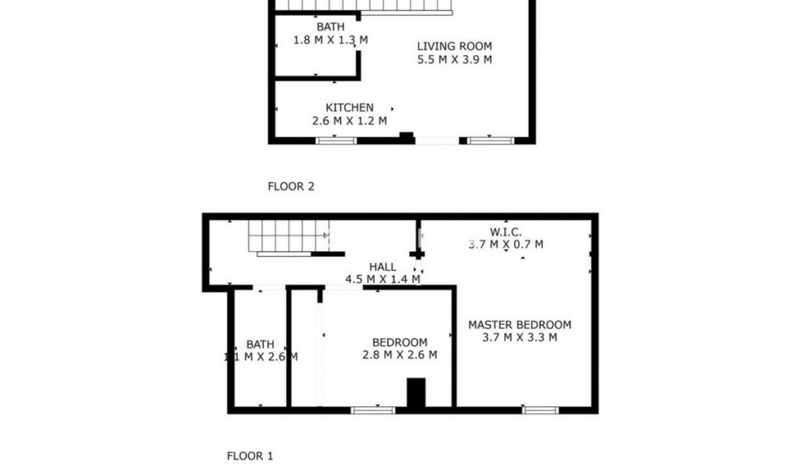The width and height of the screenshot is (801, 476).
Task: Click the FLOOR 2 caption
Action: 291,186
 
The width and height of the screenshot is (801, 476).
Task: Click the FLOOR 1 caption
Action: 250,456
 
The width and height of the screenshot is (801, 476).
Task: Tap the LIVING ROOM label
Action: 454,46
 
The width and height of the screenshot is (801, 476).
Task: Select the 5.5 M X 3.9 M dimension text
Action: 454,60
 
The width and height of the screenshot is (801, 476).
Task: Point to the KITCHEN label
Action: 349,108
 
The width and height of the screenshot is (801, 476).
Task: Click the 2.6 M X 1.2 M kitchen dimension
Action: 349,121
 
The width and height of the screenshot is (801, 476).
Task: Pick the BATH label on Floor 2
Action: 330,27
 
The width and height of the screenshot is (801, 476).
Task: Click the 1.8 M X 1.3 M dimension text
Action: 330,40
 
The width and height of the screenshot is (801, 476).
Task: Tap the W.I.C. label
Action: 506,232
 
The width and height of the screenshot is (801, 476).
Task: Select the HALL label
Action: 383,267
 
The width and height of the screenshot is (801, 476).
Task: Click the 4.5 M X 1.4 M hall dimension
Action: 383,279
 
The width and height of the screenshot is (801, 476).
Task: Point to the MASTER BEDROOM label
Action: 519,325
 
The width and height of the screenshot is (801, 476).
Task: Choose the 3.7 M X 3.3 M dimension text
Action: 519,337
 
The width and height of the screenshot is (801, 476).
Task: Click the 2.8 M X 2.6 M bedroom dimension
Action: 400,355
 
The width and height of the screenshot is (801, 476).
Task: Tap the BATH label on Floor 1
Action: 260,344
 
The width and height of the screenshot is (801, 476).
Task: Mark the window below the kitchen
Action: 336,141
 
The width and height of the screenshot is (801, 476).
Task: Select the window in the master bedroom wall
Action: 540,410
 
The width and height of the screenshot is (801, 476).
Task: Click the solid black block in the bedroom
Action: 416,392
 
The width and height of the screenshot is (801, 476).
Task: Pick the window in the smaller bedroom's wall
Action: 373,410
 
